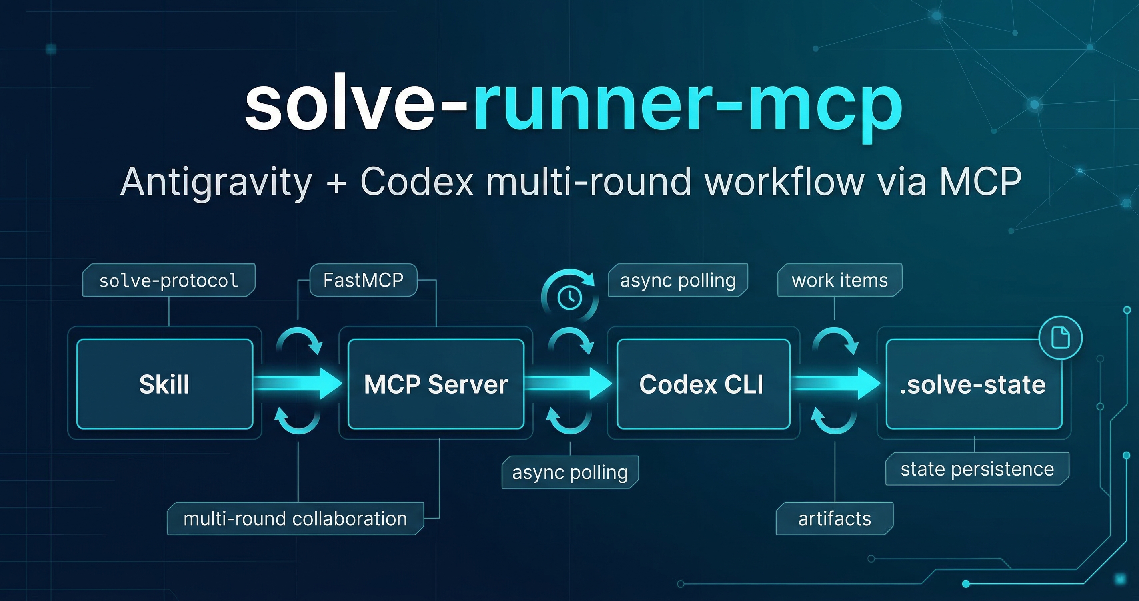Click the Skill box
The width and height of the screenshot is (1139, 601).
point(164,384)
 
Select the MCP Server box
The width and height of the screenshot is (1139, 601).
point(436,384)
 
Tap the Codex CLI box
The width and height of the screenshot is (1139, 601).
point(703,384)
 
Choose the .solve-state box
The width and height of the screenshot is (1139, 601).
point(974,384)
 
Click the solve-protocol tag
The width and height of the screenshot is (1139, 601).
point(168,280)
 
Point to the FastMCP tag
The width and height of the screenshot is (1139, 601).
point(363,280)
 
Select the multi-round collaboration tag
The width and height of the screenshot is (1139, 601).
point(295,518)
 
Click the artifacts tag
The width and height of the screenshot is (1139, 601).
point(834,518)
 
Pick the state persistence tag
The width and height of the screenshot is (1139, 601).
point(977,468)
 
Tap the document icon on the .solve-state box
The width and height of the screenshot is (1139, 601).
point(1060,338)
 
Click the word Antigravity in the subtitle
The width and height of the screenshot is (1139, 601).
point(216,182)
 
